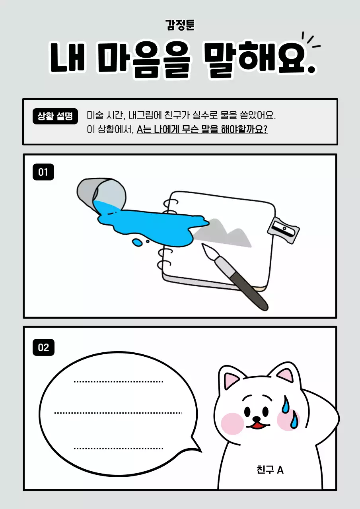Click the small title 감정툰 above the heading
coord(180,25)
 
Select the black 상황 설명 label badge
coord(55,116)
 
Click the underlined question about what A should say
coord(202,130)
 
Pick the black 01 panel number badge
coord(43,172)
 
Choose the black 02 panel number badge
coord(43,347)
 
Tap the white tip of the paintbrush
coord(208,251)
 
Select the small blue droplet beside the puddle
coord(137,242)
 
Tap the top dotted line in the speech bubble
coord(119,382)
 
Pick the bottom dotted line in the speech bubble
coord(119,449)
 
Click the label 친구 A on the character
coord(270,470)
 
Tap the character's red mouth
coord(258,425)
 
